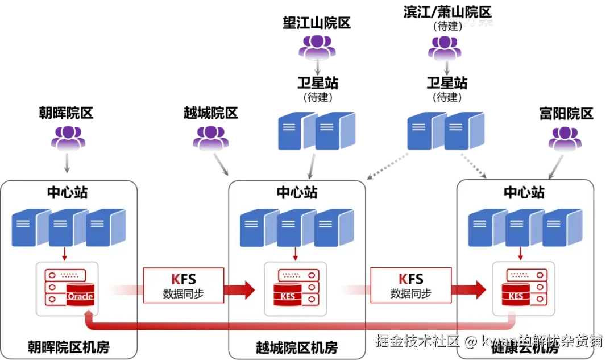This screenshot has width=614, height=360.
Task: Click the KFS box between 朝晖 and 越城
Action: point(183,285)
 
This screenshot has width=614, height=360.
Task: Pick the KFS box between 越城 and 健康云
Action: point(410,285)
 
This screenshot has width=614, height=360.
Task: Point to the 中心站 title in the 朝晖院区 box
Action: point(67,192)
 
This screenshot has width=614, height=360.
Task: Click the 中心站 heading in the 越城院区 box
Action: point(297,192)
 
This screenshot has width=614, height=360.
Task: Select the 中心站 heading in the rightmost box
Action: point(524,192)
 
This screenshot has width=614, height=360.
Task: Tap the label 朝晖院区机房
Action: point(68,346)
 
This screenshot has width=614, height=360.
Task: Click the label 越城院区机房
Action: point(296,346)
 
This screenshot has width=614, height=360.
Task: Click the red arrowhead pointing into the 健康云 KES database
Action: point(478,290)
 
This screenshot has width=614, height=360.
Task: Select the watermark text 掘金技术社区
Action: point(417,341)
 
